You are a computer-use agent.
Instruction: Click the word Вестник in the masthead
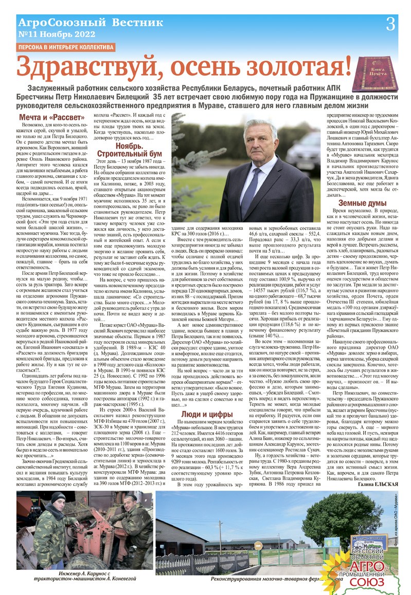coord(136,23)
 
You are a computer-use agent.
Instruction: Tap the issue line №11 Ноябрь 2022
coord(57,34)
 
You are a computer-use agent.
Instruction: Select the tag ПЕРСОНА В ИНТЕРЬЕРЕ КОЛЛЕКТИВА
coord(66,47)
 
